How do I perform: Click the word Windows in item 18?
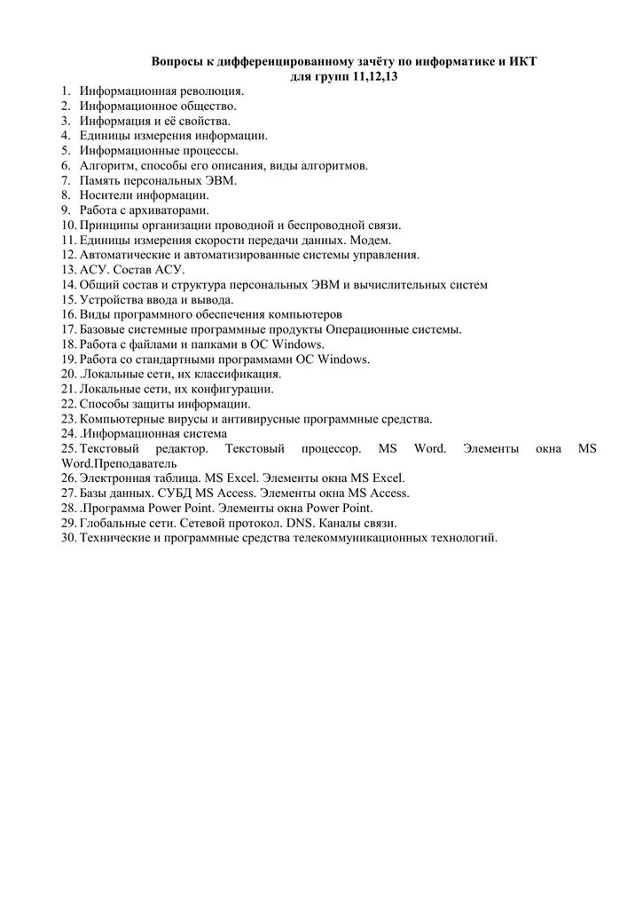pyautogui.click(x=300, y=344)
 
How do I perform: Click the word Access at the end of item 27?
pyautogui.click(x=388, y=494)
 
